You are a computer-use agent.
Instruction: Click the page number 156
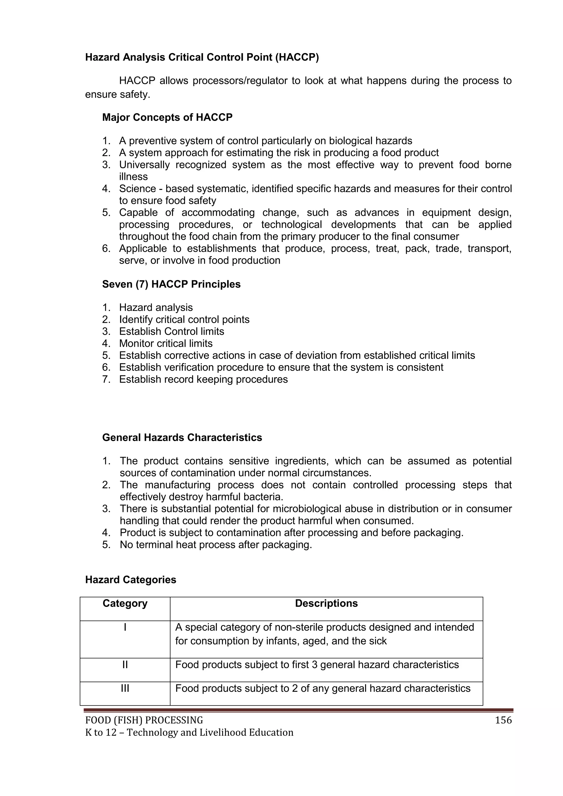point(503,720)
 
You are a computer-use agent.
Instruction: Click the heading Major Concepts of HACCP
point(167,117)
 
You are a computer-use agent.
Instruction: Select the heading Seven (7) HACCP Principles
point(171,284)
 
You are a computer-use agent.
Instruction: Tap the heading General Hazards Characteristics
point(182,437)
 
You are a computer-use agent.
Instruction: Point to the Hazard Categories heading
point(131,580)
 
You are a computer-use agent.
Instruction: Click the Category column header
point(125,603)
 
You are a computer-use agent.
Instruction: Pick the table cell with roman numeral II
point(125,665)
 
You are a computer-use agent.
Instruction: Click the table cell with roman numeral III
point(125,688)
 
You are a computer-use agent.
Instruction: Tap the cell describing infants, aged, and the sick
point(324,634)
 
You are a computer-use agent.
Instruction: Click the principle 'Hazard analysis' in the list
point(156,307)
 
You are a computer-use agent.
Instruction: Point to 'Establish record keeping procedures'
point(203,379)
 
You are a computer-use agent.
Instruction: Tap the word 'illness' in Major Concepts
point(134,177)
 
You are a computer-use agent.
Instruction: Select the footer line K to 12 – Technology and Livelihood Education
point(189,732)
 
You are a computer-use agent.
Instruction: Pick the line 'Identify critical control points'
point(184,320)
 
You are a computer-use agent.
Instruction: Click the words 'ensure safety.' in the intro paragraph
point(118,95)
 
